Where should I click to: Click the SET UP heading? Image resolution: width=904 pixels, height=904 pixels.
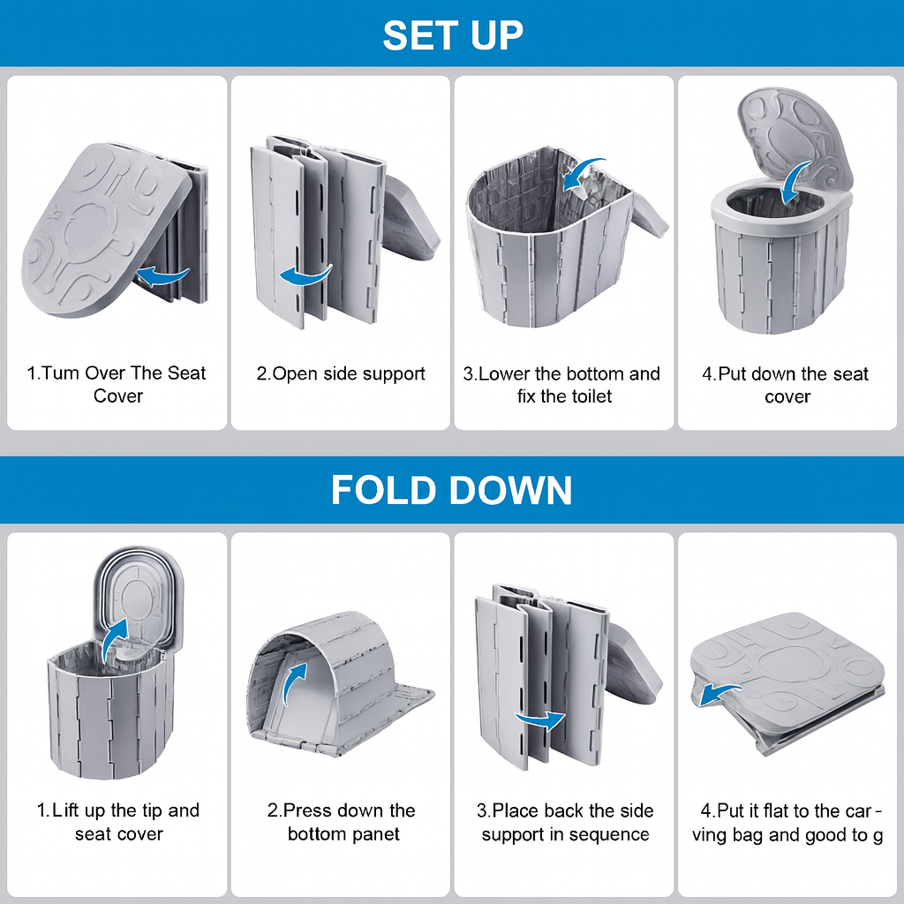coord(453,35)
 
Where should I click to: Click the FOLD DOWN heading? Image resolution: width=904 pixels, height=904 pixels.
coord(451,490)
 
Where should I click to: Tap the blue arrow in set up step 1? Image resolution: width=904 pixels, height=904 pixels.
coord(163,276)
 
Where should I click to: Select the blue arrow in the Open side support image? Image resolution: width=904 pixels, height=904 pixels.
coord(305,275)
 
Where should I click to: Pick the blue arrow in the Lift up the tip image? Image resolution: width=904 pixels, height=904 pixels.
coord(113,639)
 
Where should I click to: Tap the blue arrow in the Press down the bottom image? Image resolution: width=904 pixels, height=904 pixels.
coord(295,683)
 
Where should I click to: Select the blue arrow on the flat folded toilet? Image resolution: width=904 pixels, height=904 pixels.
coord(719,694)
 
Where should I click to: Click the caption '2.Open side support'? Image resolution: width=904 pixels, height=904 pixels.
coord(341,373)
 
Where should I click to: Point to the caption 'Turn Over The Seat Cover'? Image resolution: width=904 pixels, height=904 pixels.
coord(117,384)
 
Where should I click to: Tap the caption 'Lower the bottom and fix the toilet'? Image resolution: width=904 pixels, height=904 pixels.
coord(562,385)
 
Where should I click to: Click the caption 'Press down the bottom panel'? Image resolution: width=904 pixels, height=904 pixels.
coord(342,822)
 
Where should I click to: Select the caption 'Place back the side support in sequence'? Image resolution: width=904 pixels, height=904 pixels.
coord(565,823)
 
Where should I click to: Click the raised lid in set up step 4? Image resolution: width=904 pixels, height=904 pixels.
coord(795,135)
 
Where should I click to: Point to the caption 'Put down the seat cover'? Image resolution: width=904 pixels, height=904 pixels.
coord(785,385)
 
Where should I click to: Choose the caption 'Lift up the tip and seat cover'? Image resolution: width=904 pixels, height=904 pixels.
coord(118,822)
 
